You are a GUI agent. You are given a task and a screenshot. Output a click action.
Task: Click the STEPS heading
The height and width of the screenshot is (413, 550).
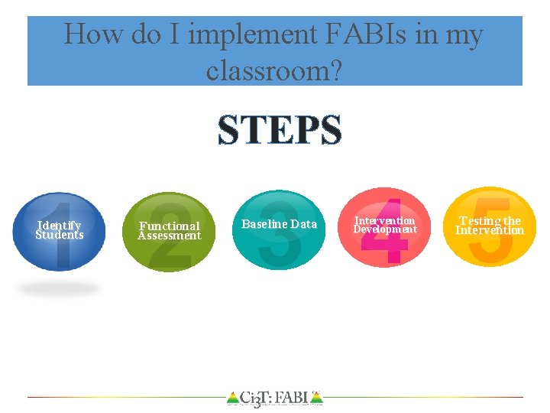tap(280, 131)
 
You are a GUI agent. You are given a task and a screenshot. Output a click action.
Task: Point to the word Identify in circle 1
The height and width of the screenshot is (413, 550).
tap(60, 226)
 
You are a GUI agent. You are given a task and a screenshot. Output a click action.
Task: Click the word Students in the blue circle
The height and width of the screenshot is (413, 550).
tap(60, 235)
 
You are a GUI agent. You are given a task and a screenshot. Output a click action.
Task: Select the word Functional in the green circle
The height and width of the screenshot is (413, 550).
tap(170, 226)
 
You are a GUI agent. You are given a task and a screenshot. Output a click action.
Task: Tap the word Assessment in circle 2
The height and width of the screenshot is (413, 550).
tap(170, 236)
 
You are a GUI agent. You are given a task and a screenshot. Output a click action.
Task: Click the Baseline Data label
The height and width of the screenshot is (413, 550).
tap(279, 224)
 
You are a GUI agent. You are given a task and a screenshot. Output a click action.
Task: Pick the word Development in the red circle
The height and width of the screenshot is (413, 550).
tap(385, 229)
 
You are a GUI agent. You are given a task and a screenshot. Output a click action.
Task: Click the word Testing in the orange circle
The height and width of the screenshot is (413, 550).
tap(480, 221)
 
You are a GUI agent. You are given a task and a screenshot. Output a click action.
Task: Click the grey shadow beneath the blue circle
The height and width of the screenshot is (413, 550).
tap(59, 288)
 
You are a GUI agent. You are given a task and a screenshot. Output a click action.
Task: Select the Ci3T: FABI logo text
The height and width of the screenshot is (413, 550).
tap(274, 398)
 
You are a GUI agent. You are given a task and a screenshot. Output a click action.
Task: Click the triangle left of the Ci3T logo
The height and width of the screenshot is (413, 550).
tap(232, 398)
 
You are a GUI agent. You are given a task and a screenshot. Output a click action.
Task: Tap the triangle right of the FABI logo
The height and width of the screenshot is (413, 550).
tap(317, 398)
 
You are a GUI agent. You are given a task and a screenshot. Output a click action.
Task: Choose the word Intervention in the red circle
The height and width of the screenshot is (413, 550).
tap(385, 221)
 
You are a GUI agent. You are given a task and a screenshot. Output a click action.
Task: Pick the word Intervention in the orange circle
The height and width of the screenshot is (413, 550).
tap(490, 230)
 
